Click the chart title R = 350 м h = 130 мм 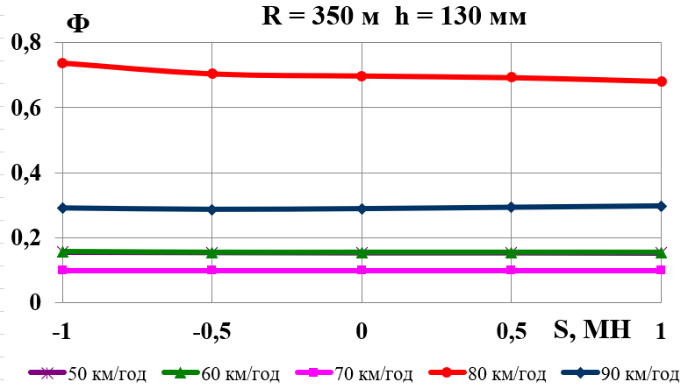click(x=394, y=17)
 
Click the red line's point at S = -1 click(x=62, y=63)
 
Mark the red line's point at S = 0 click(x=362, y=76)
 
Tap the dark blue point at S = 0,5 click(x=512, y=207)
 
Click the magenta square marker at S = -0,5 click(x=211, y=270)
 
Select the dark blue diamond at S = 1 click(x=661, y=206)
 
